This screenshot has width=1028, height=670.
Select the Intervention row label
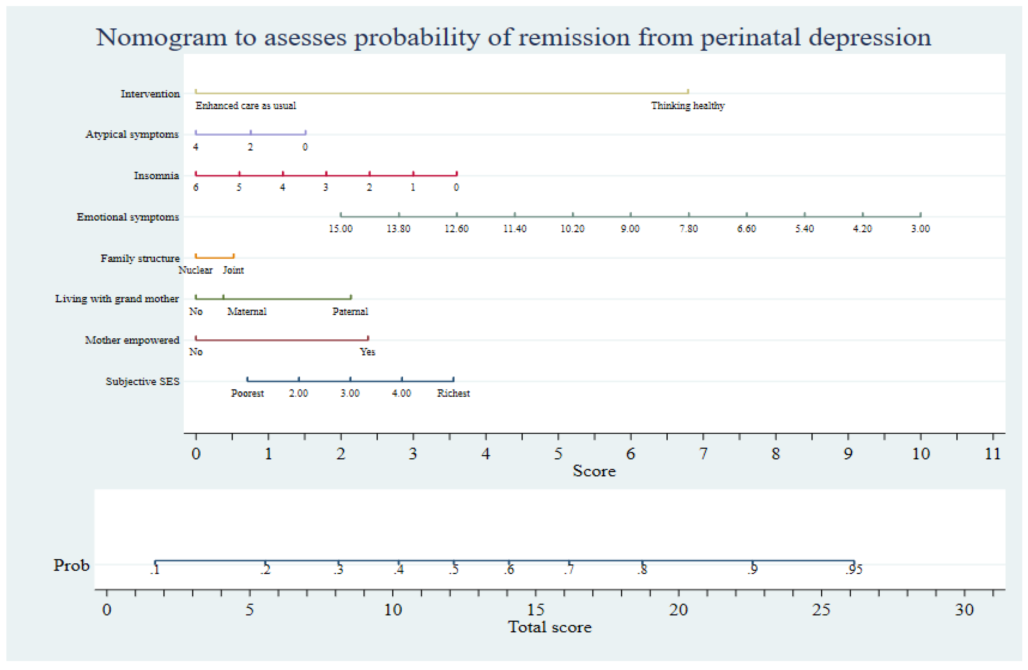pyautogui.click(x=150, y=94)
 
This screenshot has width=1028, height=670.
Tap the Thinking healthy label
pyautogui.click(x=688, y=106)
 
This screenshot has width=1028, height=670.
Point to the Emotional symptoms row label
pyautogui.click(x=128, y=217)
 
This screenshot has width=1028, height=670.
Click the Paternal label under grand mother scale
pyautogui.click(x=350, y=312)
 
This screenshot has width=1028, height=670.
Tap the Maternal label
pyautogui.click(x=246, y=312)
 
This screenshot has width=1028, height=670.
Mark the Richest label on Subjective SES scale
pyautogui.click(x=453, y=393)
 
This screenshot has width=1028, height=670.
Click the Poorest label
pyautogui.click(x=247, y=393)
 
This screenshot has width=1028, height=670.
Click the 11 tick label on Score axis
pyautogui.click(x=993, y=454)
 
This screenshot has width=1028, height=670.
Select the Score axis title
pyautogui.click(x=594, y=471)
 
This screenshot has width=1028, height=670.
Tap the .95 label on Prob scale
pyautogui.click(x=854, y=570)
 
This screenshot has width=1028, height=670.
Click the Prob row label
pyautogui.click(x=71, y=565)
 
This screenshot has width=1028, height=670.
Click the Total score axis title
pyautogui.click(x=549, y=627)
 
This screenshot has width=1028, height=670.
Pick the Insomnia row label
pyautogui.click(x=156, y=176)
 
